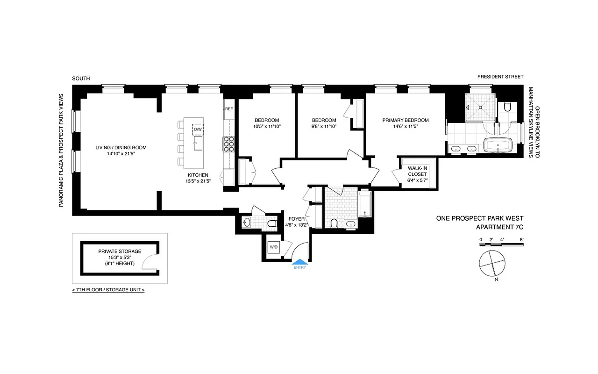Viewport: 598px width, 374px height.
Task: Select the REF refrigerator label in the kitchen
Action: click(229, 109)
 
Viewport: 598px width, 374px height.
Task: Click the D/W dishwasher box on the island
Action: click(198, 129)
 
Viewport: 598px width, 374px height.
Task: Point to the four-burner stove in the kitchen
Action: click(229, 144)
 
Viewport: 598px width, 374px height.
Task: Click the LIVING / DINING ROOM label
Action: click(121, 148)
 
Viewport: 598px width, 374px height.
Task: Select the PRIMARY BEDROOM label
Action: click(405, 120)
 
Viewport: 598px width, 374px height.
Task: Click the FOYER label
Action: click(297, 218)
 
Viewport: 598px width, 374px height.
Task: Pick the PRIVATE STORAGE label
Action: click(120, 252)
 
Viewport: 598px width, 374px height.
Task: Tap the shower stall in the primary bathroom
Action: click(479, 107)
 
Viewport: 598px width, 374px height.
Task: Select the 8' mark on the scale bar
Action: click(521, 240)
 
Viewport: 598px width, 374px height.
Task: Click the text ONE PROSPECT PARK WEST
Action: click(479, 218)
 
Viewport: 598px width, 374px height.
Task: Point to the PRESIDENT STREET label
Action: click(500, 77)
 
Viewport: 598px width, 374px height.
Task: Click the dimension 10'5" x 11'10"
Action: click(266, 126)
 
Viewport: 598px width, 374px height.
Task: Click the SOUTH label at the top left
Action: click(81, 79)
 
